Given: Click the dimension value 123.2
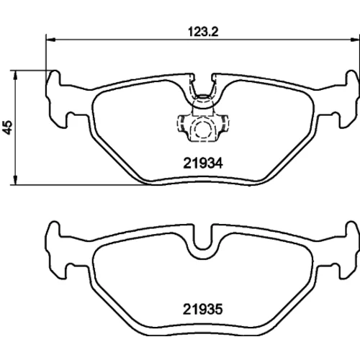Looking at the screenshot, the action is click(x=203, y=32).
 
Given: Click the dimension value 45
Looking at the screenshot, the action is click(x=8, y=127).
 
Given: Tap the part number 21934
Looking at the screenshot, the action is click(x=203, y=163).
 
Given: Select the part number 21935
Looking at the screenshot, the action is click(x=203, y=309).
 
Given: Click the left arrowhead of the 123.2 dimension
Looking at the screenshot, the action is click(x=50, y=39).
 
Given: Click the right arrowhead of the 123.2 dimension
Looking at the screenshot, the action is click(x=355, y=39).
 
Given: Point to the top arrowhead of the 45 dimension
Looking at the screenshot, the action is click(x=15, y=76).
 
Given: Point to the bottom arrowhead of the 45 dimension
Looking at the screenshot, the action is click(x=15, y=180).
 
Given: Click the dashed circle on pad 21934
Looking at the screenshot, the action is click(x=202, y=128).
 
